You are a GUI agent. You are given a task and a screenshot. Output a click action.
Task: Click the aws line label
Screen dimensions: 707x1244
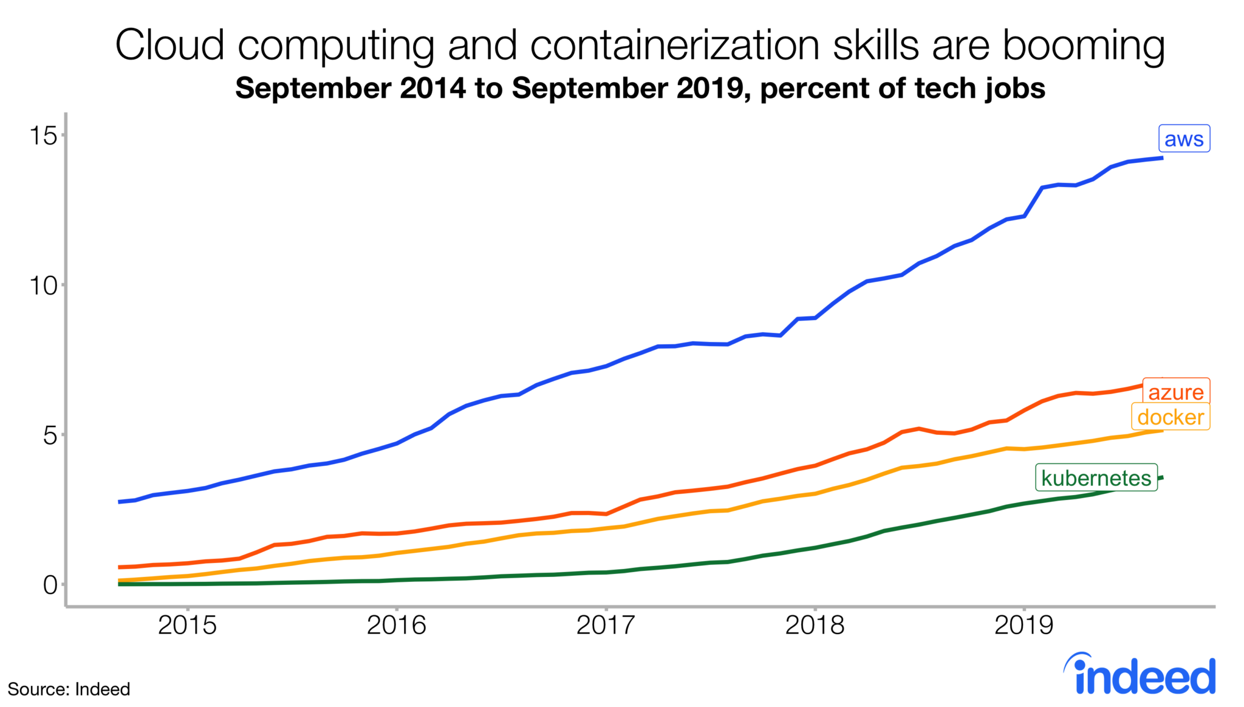[x=1183, y=138]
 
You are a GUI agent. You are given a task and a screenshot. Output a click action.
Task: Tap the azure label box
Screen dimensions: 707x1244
[x=1175, y=392]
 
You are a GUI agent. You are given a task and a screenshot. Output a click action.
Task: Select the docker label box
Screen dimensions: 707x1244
[x=1170, y=417]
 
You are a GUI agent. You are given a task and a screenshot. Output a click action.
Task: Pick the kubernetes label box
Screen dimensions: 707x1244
[x=1096, y=478]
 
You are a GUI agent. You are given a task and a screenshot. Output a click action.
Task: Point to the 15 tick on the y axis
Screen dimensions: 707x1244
[x=44, y=135]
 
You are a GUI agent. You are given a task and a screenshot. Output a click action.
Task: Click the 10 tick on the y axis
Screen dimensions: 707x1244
[x=44, y=285]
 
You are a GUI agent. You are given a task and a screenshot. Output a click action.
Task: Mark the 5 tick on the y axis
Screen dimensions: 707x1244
[x=50, y=435]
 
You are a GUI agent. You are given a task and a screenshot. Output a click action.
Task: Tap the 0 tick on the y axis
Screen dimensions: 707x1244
[x=50, y=585]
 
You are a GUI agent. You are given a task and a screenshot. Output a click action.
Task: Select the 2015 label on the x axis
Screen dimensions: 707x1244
[x=187, y=625]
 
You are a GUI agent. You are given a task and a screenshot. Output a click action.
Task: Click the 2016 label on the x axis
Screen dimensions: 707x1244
[x=396, y=625]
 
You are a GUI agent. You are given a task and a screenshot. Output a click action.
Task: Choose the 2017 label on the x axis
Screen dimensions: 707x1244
[x=606, y=625]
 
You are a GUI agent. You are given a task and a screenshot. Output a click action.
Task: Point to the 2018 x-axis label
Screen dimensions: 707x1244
[x=815, y=625]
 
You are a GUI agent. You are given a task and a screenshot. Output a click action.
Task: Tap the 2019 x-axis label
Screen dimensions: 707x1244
[x=1024, y=625]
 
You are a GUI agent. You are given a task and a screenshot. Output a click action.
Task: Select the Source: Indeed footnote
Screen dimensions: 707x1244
[x=69, y=689]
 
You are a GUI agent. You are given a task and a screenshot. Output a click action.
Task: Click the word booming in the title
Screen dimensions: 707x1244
[x=1083, y=46]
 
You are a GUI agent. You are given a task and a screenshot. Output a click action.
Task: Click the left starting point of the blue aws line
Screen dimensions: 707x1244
[x=120, y=502]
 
